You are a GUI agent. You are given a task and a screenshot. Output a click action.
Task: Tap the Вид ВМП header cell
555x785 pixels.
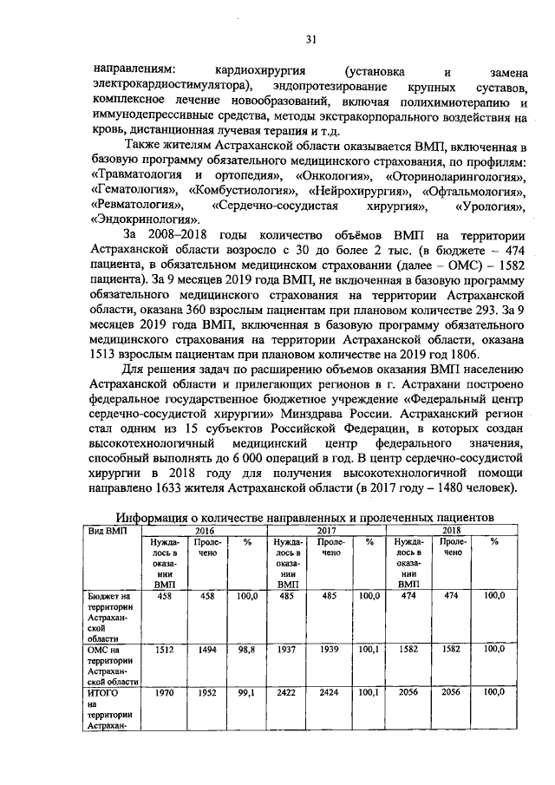coord(108,530)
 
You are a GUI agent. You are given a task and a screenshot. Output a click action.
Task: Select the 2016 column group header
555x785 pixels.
coord(204,530)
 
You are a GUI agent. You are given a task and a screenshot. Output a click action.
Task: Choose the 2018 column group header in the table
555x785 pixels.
coord(452,530)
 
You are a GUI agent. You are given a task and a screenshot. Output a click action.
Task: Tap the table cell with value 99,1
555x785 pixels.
coord(246,695)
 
